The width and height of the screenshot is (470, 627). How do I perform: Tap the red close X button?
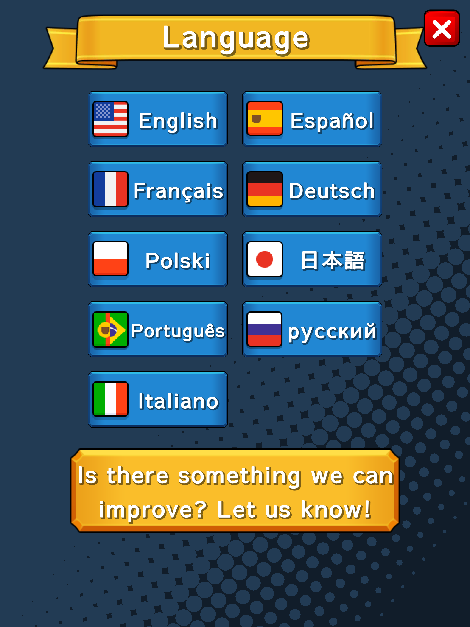(442, 28)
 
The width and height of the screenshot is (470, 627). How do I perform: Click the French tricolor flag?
(111, 189)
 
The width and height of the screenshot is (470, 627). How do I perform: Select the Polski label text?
(178, 261)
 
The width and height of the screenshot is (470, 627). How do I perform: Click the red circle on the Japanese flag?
(264, 259)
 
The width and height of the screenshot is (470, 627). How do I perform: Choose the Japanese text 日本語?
(333, 260)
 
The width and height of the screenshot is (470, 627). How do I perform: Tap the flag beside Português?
(111, 329)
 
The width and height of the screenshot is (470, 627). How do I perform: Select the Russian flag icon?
(264, 329)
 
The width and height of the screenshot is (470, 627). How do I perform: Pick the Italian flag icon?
(111, 399)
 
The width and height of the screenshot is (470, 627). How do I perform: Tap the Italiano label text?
(178, 401)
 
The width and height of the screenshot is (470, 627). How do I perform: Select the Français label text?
(179, 191)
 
